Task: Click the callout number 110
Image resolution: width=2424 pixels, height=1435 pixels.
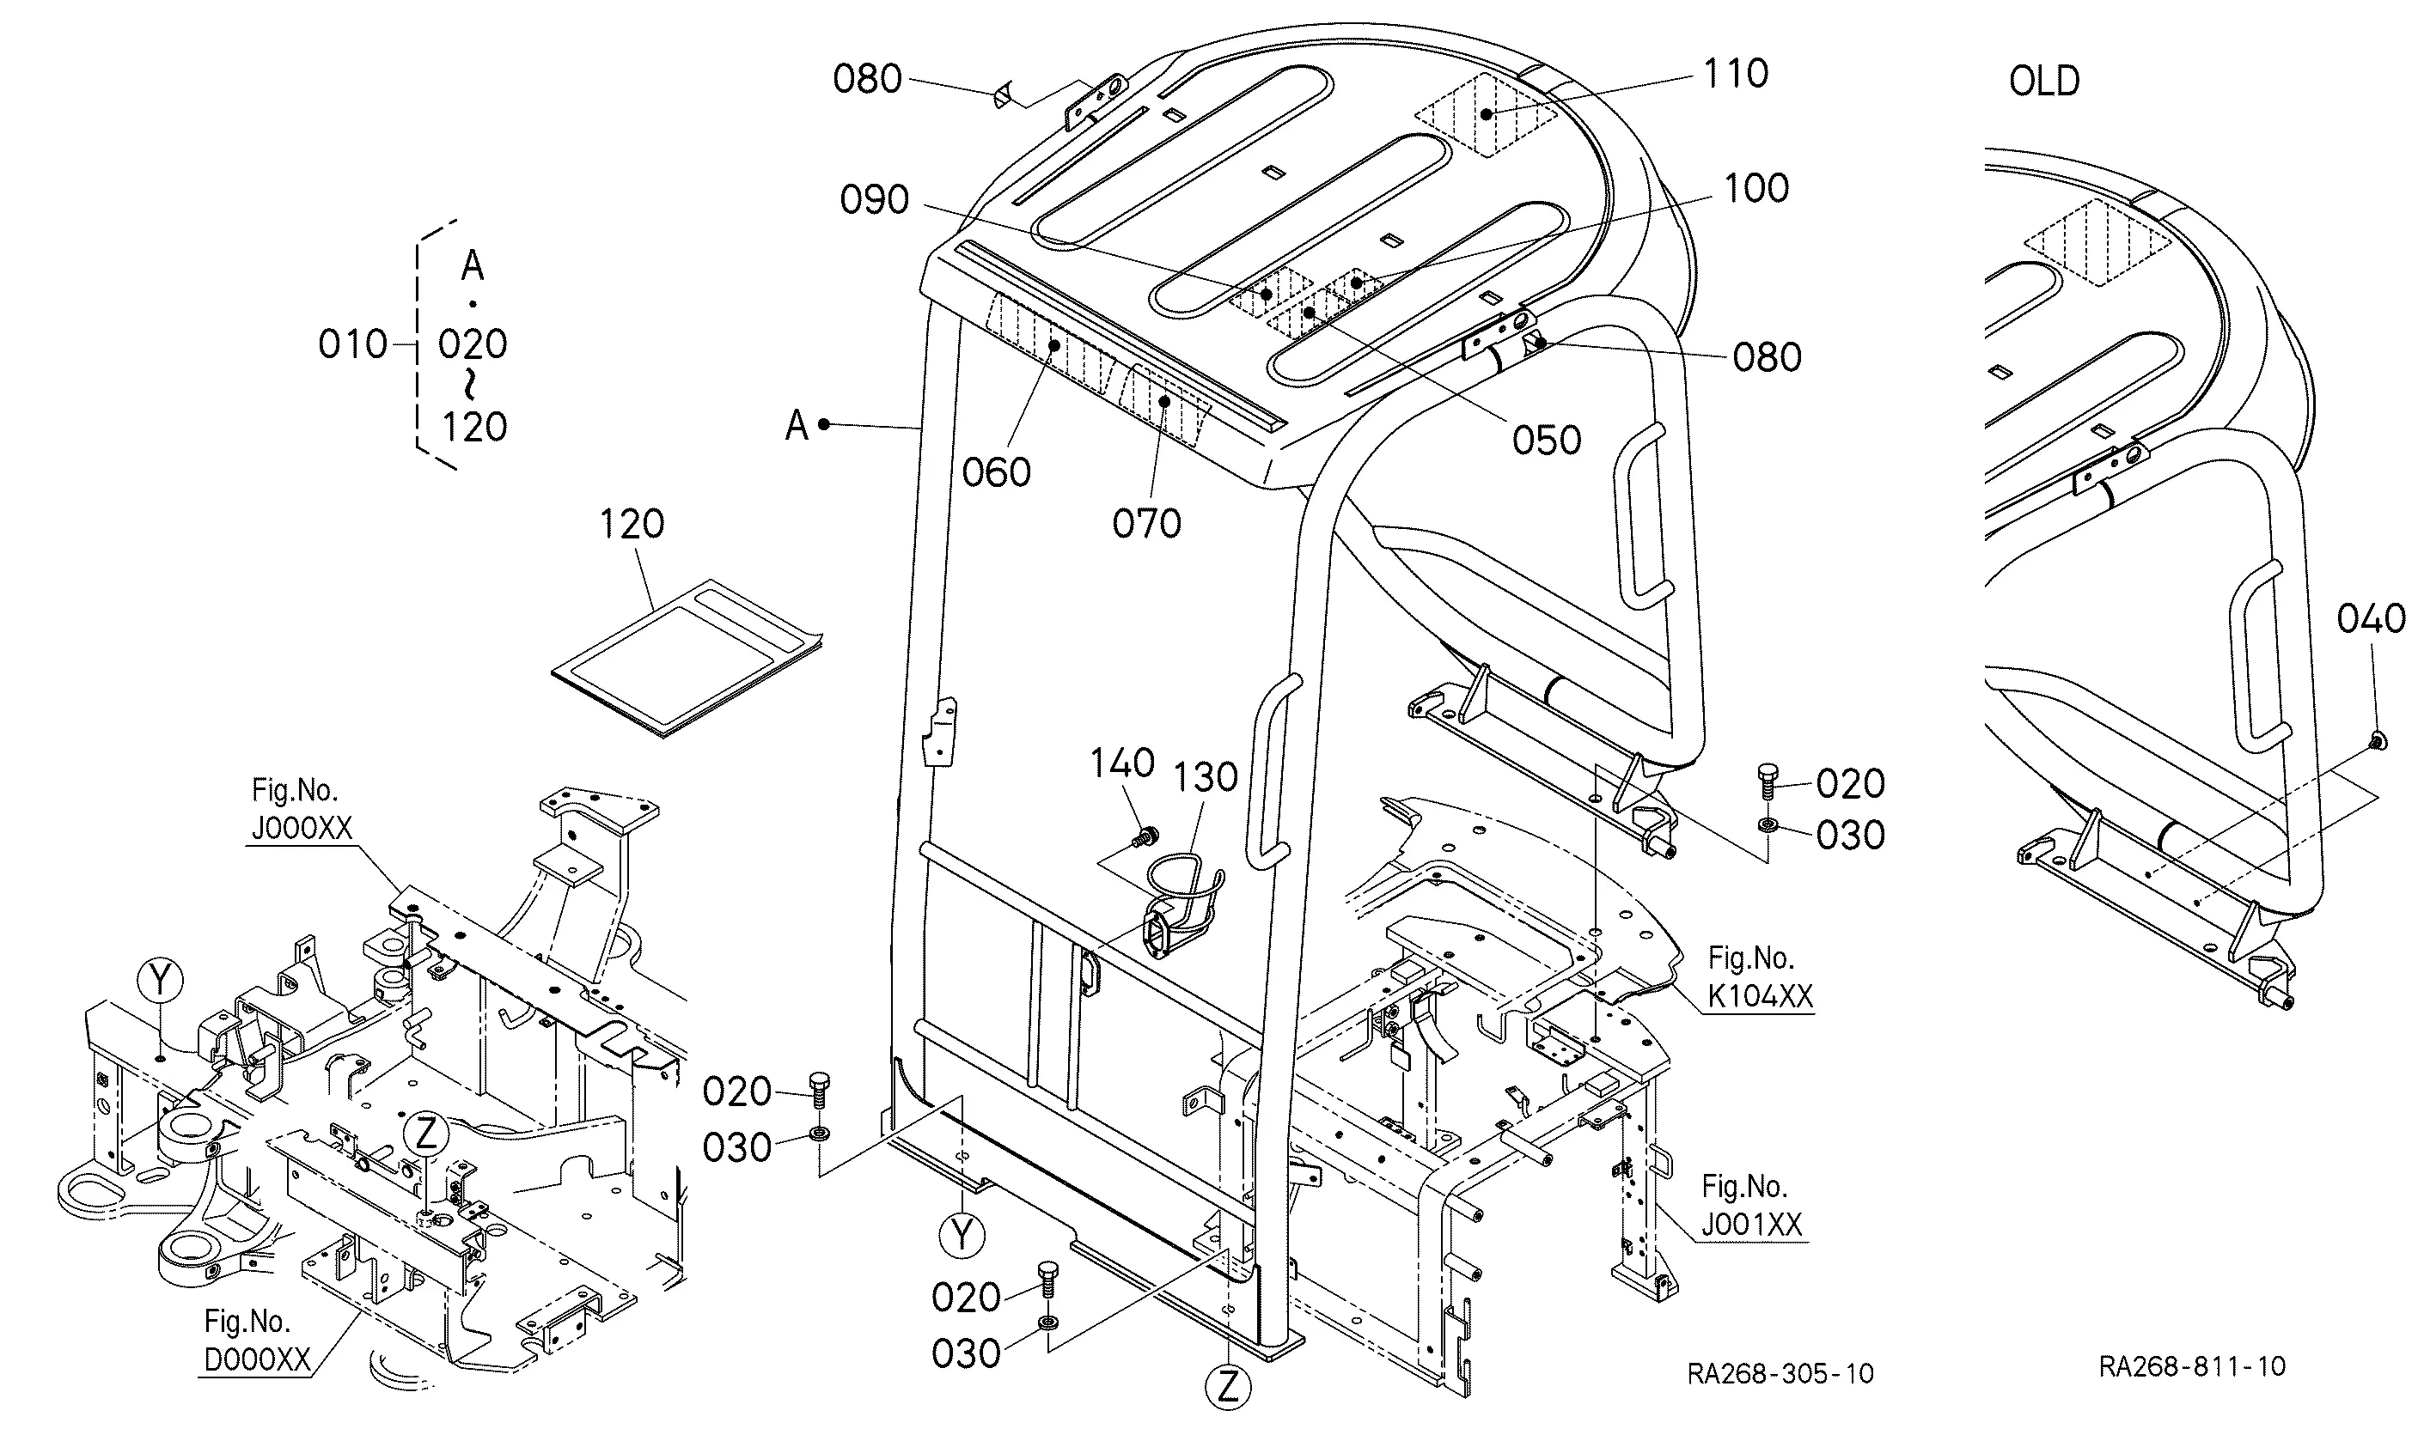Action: tap(1737, 74)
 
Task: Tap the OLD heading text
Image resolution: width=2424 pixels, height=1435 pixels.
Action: tap(2044, 82)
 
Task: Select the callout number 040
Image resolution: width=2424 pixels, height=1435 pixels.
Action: tap(2371, 619)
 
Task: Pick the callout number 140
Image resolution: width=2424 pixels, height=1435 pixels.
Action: tap(1122, 764)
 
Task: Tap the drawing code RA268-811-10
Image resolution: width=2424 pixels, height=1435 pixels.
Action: tap(2192, 1366)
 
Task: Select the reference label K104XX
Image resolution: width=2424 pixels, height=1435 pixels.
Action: tap(1760, 997)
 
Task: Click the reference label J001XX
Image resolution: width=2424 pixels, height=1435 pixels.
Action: tap(1752, 1226)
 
